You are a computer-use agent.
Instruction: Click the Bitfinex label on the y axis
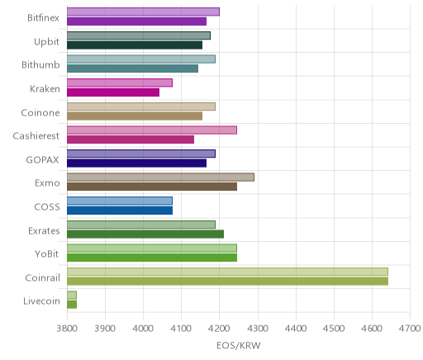pos(43,18)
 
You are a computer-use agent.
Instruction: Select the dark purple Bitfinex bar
pos(136,21)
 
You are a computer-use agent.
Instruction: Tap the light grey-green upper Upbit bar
pos(139,36)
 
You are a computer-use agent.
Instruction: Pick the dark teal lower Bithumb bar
pos(132,69)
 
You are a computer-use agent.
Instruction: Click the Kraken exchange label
pos(45,89)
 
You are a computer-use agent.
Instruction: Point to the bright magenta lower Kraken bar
pos(113,92)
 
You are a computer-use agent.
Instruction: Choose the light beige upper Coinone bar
pos(141,107)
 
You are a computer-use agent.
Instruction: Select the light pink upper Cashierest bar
pos(152,130)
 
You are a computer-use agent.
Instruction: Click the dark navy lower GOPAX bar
pos(136,163)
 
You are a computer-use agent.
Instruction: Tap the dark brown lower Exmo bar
pos(152,187)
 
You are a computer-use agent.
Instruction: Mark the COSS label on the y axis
pos(47,207)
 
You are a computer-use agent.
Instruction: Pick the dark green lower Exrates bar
pos(145,234)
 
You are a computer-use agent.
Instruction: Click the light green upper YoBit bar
pos(152,248)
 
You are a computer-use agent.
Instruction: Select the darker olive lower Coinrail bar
pos(227,282)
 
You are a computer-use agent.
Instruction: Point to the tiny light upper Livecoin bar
pos(72,295)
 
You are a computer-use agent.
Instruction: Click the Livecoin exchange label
pos(41,301)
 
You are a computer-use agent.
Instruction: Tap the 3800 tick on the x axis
pos(67,329)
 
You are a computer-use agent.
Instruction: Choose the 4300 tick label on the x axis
pos(258,329)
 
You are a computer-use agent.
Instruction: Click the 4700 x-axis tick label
pos(411,329)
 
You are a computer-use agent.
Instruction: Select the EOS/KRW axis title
pos(239,346)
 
